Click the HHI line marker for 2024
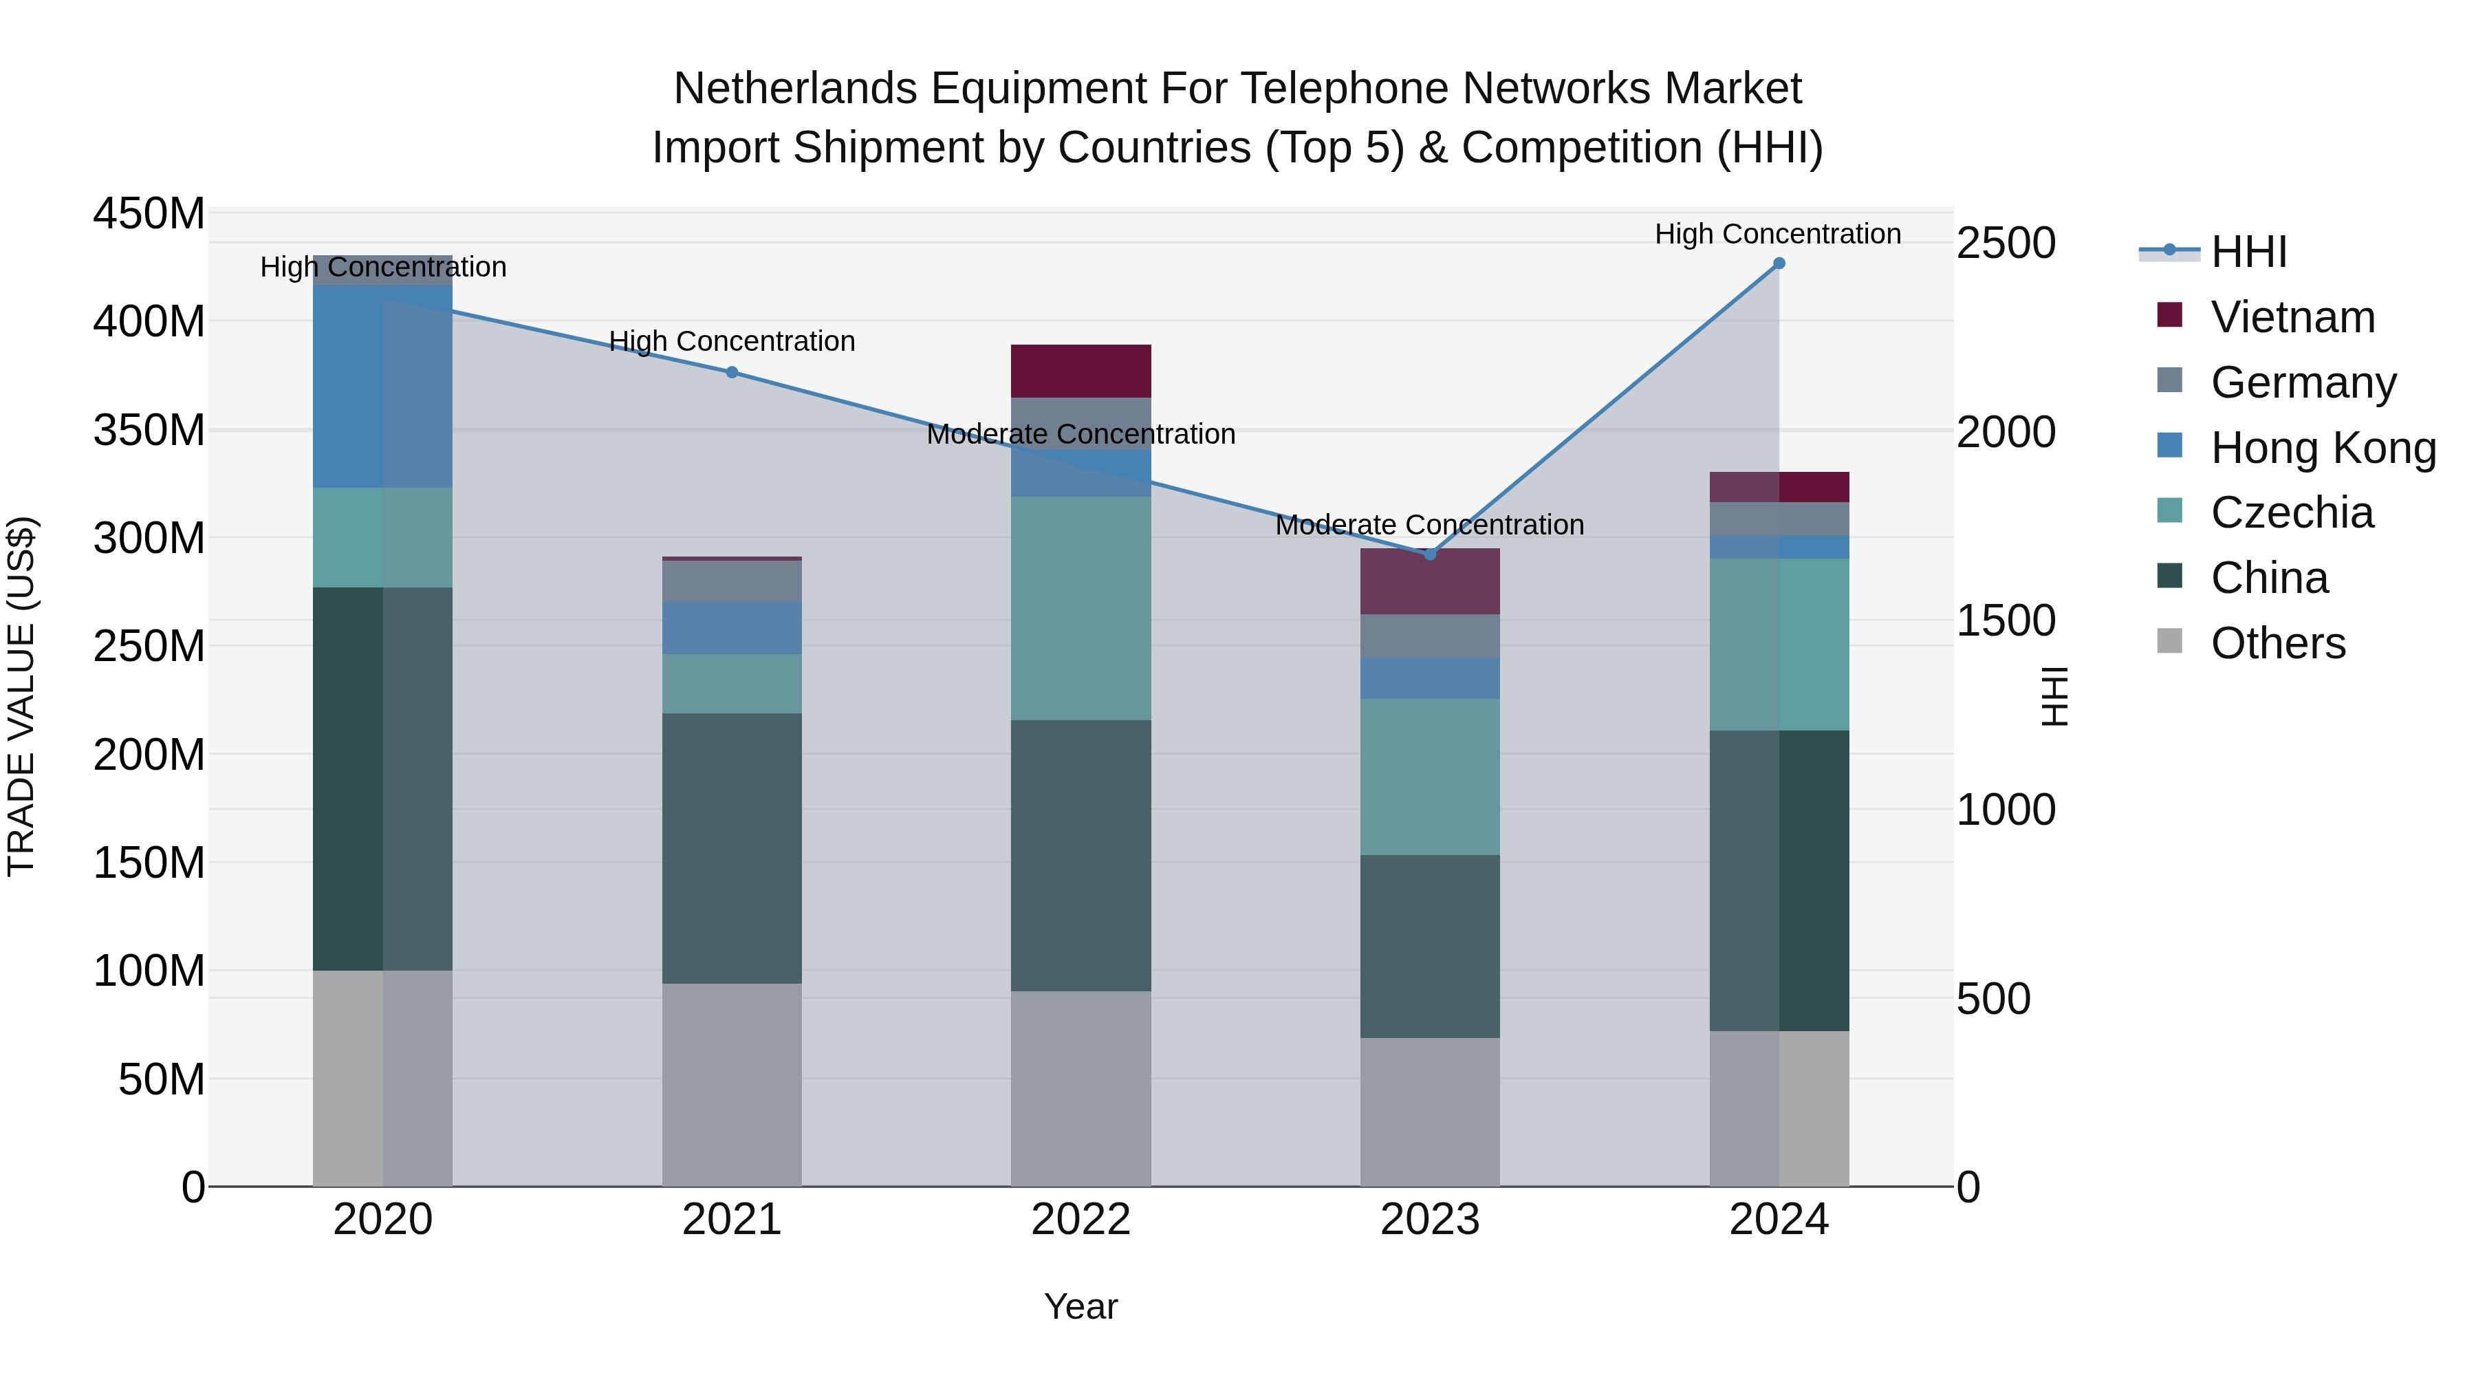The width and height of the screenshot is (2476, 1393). coord(1779,263)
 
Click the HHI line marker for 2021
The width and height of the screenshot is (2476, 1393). coord(732,372)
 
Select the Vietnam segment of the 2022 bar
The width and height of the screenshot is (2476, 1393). coord(1080,371)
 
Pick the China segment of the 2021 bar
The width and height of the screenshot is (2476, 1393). coord(732,848)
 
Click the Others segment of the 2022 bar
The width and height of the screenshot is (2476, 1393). coord(1080,1088)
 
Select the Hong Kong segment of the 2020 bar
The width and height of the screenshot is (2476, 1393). coord(382,387)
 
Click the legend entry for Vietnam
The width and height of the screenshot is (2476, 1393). coord(2292,317)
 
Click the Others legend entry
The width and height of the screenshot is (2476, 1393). coord(2277,643)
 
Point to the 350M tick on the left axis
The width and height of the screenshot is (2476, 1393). coord(149,430)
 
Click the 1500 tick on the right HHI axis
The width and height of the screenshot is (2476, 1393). coord(2006,621)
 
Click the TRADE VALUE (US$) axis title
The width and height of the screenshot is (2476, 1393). coord(21,696)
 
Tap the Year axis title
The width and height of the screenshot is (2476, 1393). coord(1080,1306)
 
